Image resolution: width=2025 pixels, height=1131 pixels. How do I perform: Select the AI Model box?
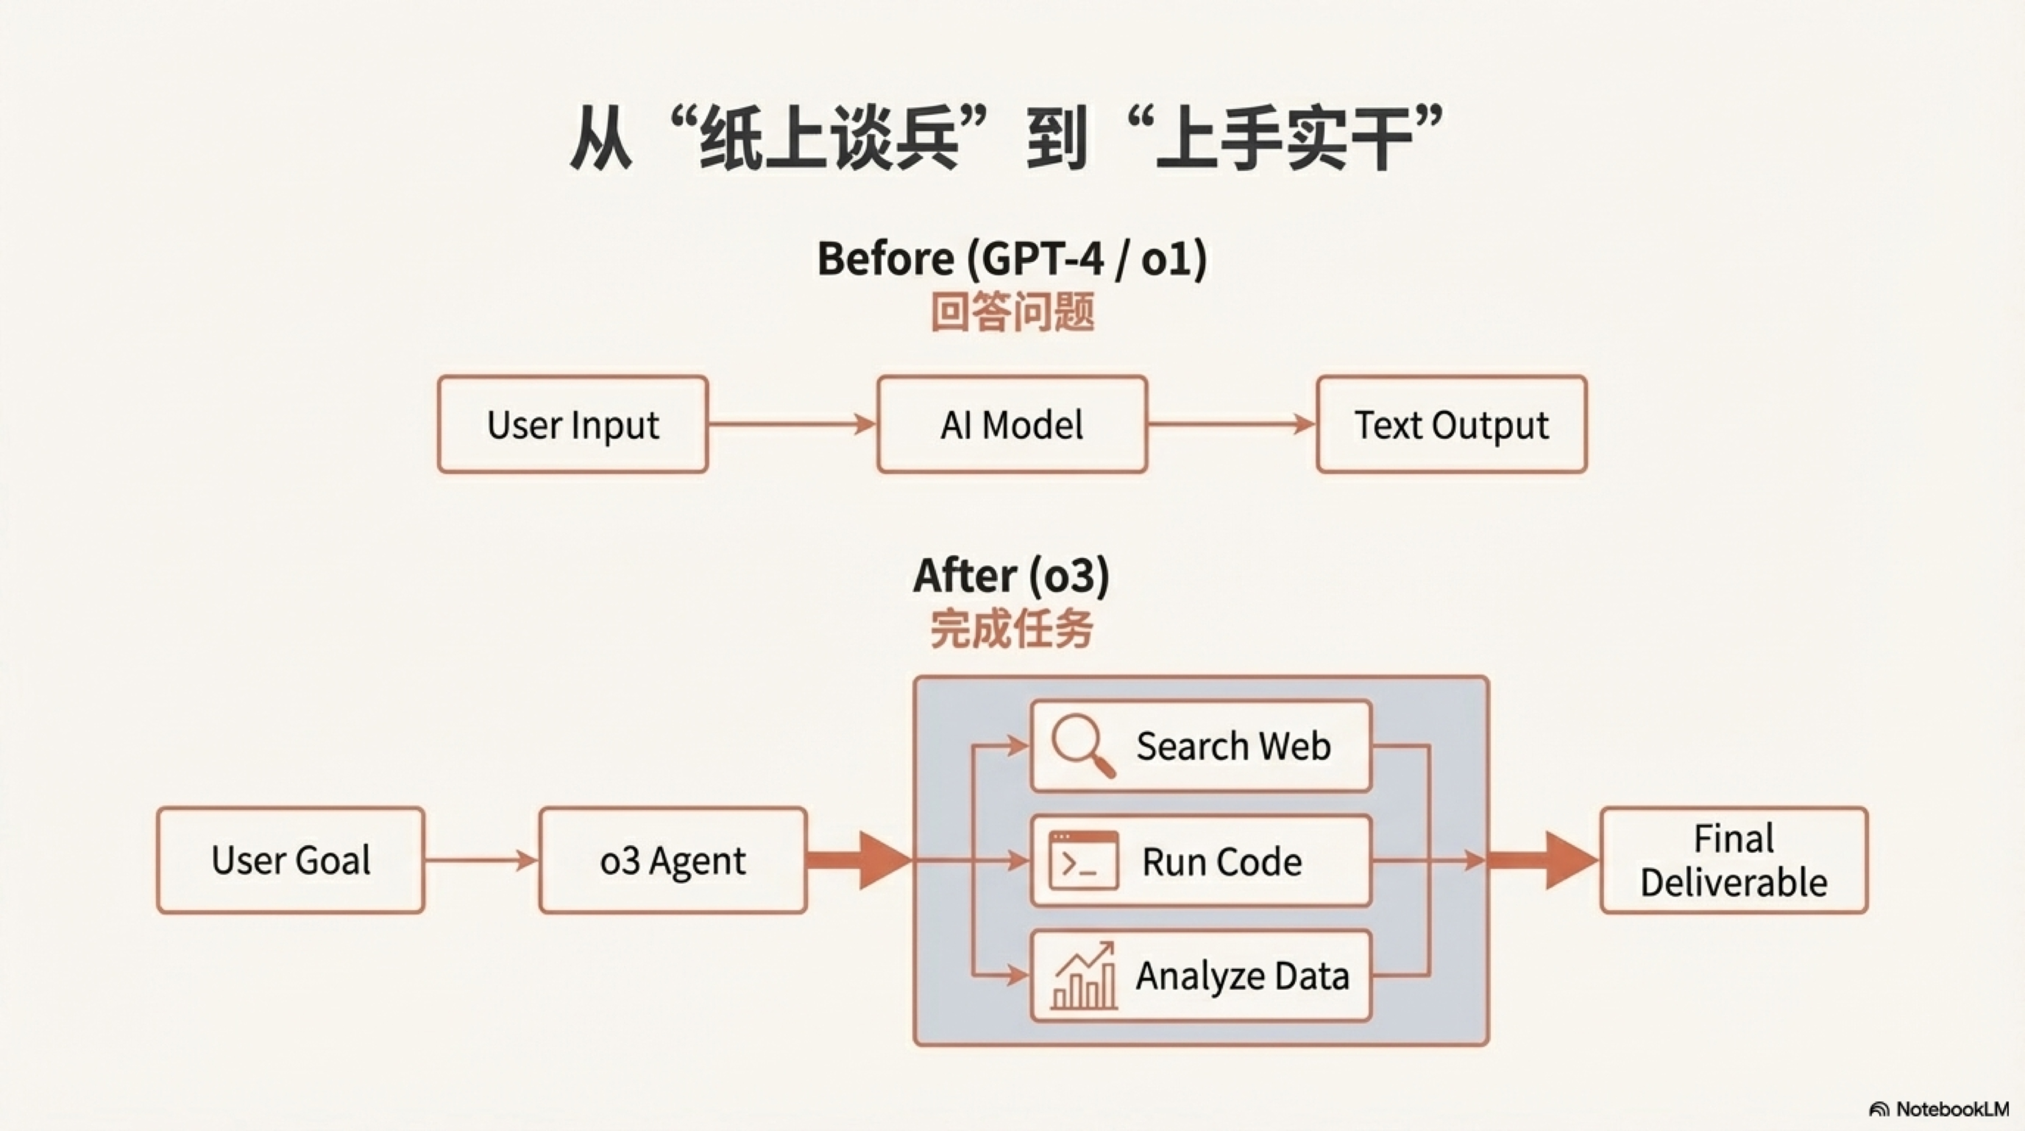tap(1012, 425)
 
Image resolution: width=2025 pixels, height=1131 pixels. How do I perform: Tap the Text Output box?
tap(1451, 425)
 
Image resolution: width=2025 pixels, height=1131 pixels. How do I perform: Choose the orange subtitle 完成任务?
tap(1012, 629)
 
